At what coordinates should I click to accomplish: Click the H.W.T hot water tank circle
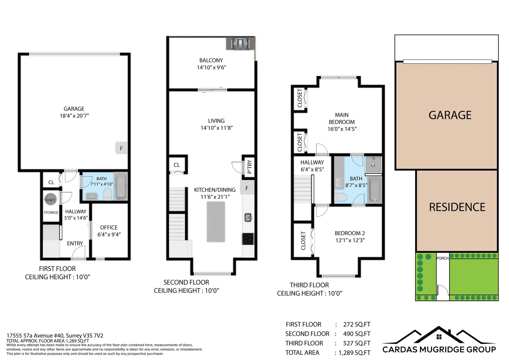point(51,200)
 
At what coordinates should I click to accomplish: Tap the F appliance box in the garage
point(121,148)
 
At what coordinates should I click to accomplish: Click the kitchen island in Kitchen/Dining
point(216,222)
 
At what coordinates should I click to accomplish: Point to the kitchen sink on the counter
point(248,217)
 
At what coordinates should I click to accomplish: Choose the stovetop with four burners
point(248,239)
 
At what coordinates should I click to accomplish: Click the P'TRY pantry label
point(249,167)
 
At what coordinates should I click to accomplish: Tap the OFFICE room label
point(109,227)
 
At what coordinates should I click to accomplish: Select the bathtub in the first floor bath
point(121,186)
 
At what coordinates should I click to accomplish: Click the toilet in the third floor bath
point(340,197)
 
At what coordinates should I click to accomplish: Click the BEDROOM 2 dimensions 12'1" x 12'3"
point(350,240)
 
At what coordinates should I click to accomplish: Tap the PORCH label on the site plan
point(443,258)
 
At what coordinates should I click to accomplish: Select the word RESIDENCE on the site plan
point(457,207)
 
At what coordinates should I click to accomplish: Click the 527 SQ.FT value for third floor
point(357,343)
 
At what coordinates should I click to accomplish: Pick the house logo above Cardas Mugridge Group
point(439,335)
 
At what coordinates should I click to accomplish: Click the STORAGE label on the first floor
point(51,212)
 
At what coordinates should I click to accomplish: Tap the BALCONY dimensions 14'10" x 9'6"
point(211,67)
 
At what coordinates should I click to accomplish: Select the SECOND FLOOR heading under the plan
point(186,282)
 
